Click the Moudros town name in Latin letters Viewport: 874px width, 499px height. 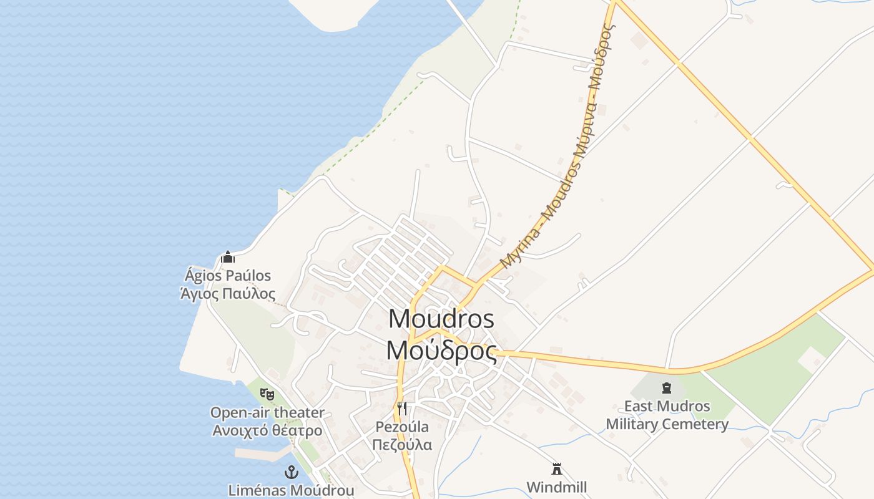441,319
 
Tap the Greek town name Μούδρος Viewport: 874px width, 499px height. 441,350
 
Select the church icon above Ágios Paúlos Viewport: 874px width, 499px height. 228,257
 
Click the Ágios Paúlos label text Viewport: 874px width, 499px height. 228,275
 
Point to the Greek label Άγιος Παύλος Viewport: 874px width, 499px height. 228,293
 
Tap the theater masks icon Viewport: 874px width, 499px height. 267,394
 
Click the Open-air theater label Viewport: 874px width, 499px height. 267,412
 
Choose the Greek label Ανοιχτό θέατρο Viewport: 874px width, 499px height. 267,430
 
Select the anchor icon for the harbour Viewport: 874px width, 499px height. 291,472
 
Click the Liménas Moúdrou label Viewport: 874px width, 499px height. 291,490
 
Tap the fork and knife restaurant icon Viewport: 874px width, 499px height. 402,409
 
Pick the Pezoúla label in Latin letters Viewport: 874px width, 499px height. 402,427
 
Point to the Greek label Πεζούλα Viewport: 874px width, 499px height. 402,445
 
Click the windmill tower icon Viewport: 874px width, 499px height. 557,469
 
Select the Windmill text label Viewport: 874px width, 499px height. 557,487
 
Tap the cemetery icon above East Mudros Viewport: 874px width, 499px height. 667,388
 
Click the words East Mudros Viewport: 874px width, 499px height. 667,406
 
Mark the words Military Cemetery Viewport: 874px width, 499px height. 667,424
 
